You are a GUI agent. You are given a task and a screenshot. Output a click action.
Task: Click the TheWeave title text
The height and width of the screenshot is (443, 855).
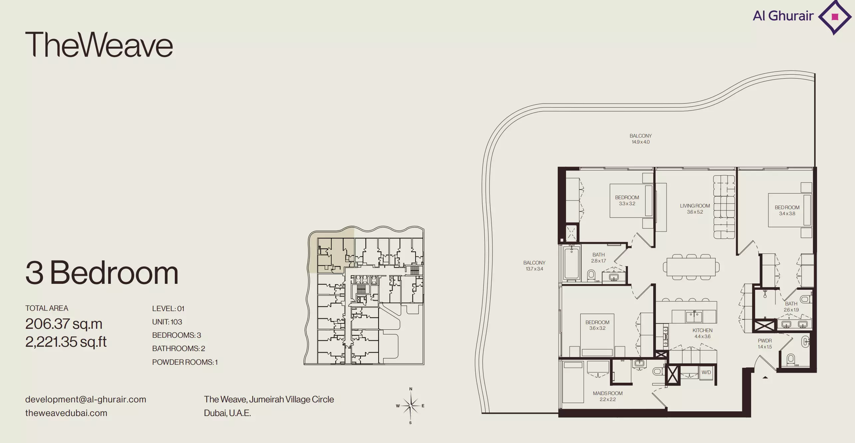pyautogui.click(x=99, y=44)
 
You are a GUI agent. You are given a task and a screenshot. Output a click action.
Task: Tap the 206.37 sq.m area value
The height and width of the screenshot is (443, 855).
pyautogui.click(x=64, y=324)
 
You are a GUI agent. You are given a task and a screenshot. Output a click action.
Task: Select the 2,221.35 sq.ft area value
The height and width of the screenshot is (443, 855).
pyautogui.click(x=66, y=342)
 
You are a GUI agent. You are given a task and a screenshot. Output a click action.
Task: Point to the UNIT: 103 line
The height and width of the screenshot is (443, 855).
pyautogui.click(x=167, y=322)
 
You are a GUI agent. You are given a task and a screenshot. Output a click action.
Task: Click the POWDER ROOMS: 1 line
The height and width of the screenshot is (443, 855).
pyautogui.click(x=185, y=362)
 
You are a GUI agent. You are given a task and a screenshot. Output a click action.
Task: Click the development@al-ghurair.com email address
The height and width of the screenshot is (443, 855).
pyautogui.click(x=86, y=399)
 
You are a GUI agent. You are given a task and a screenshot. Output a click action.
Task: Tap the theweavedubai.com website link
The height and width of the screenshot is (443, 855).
pyautogui.click(x=66, y=413)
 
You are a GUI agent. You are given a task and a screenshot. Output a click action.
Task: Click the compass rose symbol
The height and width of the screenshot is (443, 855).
pyautogui.click(x=411, y=406)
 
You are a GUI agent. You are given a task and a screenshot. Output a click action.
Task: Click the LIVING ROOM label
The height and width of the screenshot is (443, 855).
pyautogui.click(x=695, y=206)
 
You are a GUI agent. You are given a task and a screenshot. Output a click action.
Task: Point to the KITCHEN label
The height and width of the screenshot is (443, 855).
pyautogui.click(x=703, y=330)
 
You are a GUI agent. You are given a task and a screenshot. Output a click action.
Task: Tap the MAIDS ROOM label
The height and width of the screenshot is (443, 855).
pyautogui.click(x=608, y=393)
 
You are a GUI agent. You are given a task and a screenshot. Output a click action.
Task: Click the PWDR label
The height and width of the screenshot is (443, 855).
pyautogui.click(x=765, y=341)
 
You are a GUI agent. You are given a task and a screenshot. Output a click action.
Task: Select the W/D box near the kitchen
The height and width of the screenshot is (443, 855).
pyautogui.click(x=706, y=372)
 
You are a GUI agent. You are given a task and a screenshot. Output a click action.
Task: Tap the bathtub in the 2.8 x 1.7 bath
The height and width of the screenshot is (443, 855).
pyautogui.click(x=572, y=262)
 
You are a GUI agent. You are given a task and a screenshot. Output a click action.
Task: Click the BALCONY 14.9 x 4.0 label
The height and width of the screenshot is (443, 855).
pyautogui.click(x=641, y=139)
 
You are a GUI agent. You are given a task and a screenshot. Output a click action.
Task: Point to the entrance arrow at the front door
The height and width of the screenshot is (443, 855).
pyautogui.click(x=765, y=377)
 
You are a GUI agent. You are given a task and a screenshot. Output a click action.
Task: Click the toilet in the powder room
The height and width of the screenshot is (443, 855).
pyautogui.click(x=790, y=359)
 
